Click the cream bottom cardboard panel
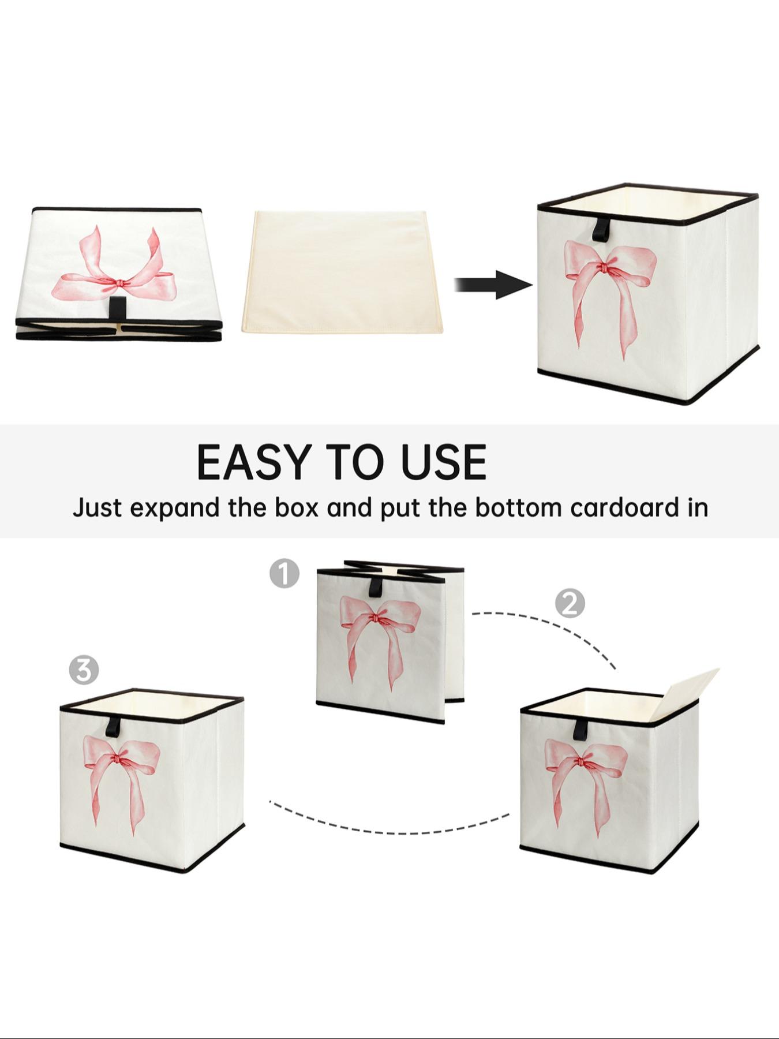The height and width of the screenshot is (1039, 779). click(343, 271)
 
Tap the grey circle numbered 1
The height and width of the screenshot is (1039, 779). click(284, 573)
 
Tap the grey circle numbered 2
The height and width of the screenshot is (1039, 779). click(570, 604)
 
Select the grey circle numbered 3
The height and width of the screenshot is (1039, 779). click(84, 670)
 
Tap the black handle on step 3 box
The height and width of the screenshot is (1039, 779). click(113, 726)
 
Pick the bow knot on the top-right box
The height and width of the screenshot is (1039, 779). click(604, 268)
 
